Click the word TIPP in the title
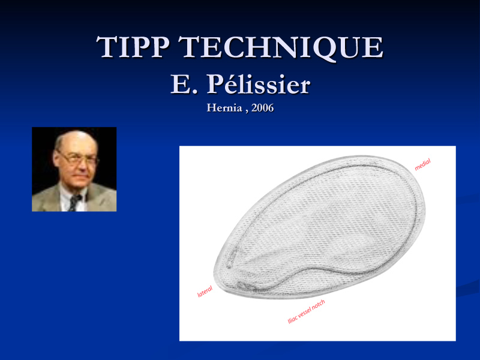133,47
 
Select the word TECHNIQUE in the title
280,47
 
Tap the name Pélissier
258,84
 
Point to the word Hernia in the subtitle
224,108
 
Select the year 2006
262,108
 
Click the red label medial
422,164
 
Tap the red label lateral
205,292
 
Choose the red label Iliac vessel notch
306,311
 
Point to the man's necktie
74,203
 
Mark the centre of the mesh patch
320,227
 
